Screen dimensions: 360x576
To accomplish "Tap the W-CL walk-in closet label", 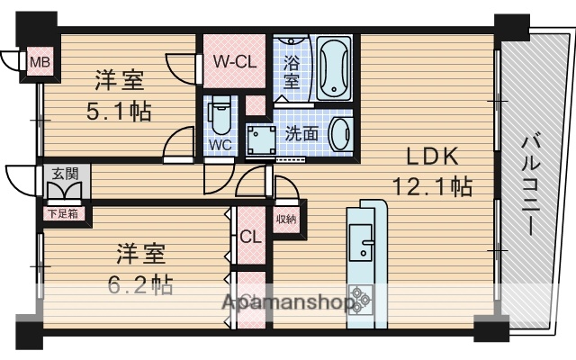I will (235, 61).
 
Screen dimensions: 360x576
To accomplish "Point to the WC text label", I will (221, 144).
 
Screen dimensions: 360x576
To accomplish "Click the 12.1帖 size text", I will (432, 187).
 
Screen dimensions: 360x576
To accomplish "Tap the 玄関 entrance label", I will (62, 173).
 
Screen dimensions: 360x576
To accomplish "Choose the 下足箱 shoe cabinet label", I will (62, 214).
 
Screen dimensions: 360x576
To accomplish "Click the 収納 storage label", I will (285, 220).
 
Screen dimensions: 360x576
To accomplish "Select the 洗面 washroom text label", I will (301, 132).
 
